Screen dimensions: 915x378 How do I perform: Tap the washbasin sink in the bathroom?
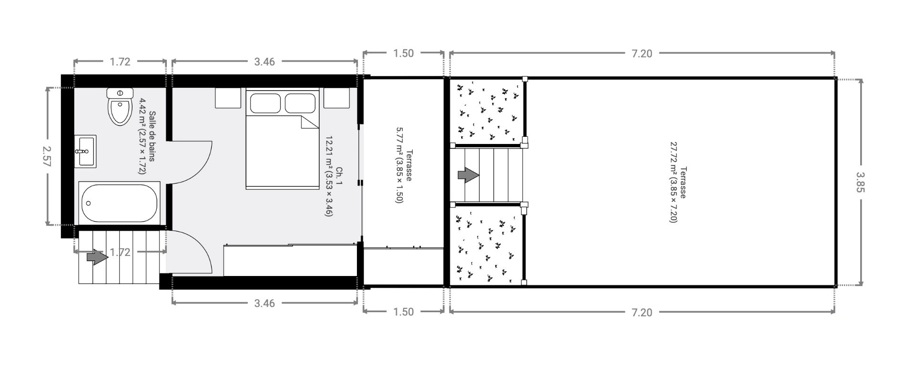[x=85, y=151]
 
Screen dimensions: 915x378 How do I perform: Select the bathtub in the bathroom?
[x=119, y=203]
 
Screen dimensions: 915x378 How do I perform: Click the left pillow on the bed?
[x=265, y=103]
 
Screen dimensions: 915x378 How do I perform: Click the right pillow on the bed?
[x=300, y=103]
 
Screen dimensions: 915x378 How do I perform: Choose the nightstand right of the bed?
[x=336, y=97]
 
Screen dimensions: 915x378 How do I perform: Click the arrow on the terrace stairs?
[x=468, y=175]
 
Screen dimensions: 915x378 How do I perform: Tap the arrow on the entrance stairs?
[x=97, y=257]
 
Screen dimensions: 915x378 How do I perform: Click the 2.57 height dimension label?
[x=46, y=156]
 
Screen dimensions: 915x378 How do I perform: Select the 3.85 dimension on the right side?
[x=860, y=182]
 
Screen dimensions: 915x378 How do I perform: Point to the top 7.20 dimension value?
[x=641, y=54]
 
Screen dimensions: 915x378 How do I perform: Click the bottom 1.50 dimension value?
[x=403, y=312]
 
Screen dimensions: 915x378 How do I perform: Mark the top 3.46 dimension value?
[x=264, y=62]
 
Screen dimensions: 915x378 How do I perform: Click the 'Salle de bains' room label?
[x=152, y=136]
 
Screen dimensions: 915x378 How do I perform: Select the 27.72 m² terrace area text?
[x=673, y=182]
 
